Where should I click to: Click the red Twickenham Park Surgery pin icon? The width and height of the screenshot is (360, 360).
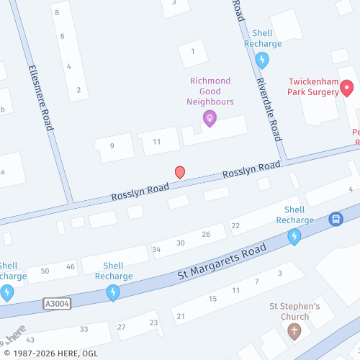346,89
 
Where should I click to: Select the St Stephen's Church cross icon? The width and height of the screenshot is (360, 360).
294,331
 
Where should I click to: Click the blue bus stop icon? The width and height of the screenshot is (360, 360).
335,219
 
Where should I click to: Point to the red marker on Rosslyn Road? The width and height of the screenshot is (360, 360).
180,173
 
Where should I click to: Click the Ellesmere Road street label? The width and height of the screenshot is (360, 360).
40,98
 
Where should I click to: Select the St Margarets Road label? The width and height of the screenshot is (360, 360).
222,263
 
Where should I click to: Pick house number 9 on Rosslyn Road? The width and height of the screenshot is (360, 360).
112,146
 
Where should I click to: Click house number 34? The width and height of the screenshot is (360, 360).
156,250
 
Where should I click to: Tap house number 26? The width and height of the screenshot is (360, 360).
206,234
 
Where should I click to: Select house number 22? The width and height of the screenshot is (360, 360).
235,225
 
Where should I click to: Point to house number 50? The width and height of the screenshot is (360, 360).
45,271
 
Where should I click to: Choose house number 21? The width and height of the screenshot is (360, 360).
181,316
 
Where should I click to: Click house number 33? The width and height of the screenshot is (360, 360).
84,329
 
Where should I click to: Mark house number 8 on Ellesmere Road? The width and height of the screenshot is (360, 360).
57,13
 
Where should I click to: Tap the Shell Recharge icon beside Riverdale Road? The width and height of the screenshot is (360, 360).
262,60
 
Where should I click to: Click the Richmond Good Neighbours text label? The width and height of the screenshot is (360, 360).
210,91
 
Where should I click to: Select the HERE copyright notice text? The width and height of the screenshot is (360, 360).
45,354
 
